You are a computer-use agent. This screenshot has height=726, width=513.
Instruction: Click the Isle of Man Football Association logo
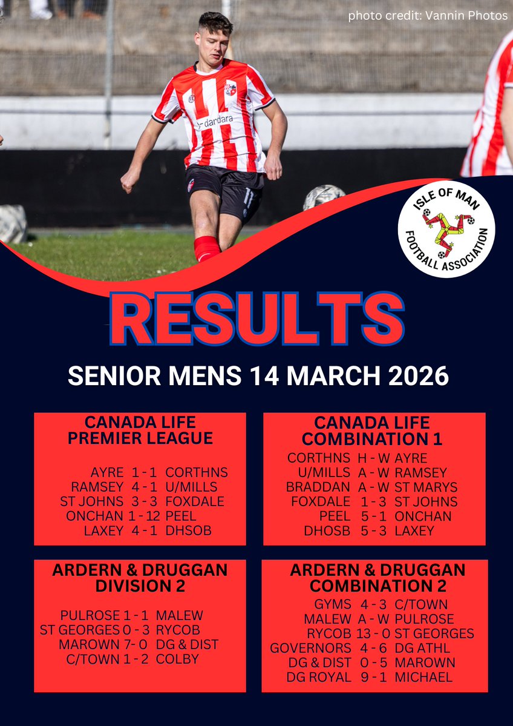(x=446, y=228)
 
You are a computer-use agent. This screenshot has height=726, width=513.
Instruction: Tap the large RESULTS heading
(x=256, y=319)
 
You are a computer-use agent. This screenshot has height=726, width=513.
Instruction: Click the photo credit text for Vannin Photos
(x=428, y=16)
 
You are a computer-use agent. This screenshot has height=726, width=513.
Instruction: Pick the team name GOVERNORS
(x=310, y=648)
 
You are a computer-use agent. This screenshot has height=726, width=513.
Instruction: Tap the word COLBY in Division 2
(x=177, y=659)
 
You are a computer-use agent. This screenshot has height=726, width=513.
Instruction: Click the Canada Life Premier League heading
(x=140, y=430)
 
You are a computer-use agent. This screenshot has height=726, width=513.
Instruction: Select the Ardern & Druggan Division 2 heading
(x=140, y=578)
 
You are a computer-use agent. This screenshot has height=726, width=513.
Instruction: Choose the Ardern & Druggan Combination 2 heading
(x=377, y=578)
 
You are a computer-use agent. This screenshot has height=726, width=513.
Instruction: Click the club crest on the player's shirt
(x=231, y=88)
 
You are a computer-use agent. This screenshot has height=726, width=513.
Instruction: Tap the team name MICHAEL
(x=423, y=677)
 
